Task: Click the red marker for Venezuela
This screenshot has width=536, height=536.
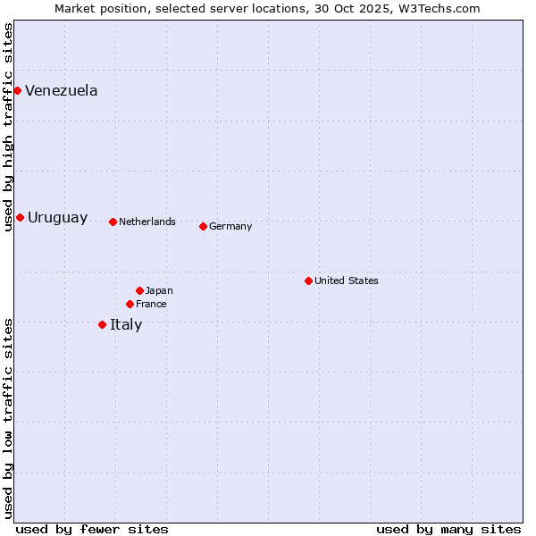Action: pos(17,90)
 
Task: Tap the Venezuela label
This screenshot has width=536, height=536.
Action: pos(61,90)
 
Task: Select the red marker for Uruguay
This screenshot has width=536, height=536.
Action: pos(20,217)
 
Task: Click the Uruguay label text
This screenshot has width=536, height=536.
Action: pos(57,218)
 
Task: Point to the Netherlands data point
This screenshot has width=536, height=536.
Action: pos(113,222)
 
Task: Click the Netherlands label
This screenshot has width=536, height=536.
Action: pos(147,222)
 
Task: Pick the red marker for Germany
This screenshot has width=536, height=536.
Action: pos(203,226)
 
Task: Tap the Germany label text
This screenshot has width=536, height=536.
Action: pos(230,226)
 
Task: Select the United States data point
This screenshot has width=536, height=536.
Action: pos(308,281)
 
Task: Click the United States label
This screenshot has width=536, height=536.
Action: pos(346,281)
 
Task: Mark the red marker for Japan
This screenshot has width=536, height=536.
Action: pos(139,290)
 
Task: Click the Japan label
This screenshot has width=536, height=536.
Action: pos(159,290)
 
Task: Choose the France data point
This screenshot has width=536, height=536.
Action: pos(130,304)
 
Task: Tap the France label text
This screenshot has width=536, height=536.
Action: pos(151,304)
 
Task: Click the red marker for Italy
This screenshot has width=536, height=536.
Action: pos(102,324)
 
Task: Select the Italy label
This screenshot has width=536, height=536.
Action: pos(126,324)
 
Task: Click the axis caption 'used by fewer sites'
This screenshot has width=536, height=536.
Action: pos(91,529)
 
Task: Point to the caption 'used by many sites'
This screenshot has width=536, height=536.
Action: pos(448,529)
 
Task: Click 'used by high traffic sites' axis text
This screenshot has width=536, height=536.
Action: pos(8,127)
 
